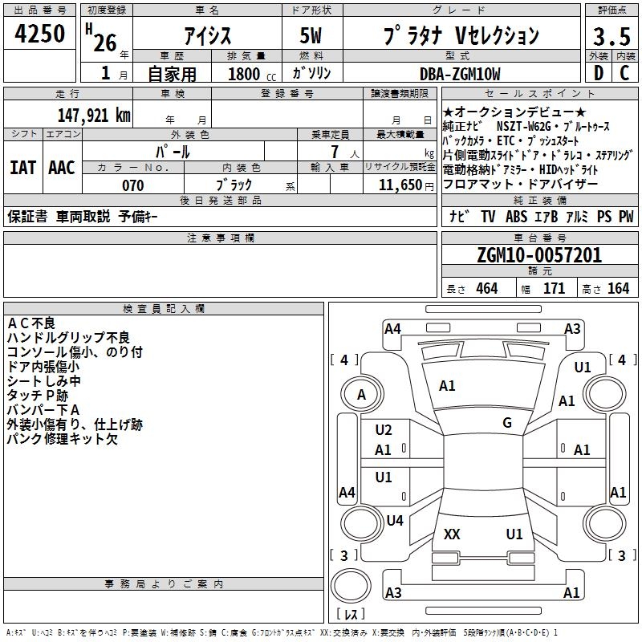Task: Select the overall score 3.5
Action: (609, 37)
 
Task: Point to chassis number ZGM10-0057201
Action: (539, 255)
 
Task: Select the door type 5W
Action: (312, 37)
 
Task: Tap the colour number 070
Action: (132, 185)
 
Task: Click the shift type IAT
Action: (22, 168)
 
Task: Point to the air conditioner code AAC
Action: (62, 168)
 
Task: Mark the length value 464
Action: (486, 288)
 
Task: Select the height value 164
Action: (618, 288)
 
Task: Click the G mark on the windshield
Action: (507, 423)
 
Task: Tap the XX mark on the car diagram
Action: (452, 534)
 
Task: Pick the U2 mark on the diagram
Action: (384, 430)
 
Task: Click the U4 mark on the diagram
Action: (394, 521)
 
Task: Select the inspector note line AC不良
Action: (31, 323)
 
